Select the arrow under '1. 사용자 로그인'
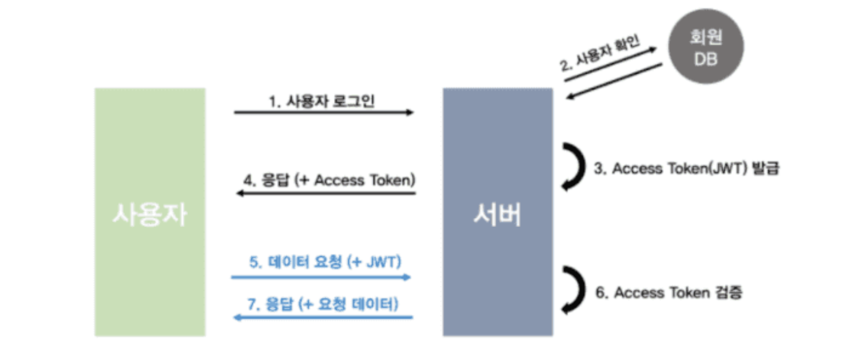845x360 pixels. [x=324, y=113]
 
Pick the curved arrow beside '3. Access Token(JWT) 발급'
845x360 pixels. [x=575, y=168]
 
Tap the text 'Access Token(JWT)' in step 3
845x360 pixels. [x=676, y=169]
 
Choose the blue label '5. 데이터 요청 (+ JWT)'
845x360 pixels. [x=325, y=262]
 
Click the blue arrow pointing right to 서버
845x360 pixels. [x=321, y=277]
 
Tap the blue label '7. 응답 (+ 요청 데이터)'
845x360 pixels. [x=323, y=304]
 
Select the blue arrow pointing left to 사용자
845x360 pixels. [x=322, y=317]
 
